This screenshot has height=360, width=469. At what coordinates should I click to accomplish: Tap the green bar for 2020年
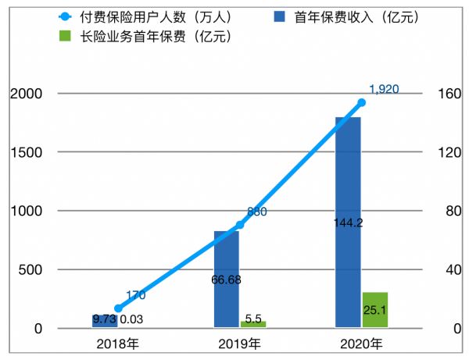[375, 309]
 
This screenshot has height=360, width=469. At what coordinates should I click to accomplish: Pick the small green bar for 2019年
[253, 324]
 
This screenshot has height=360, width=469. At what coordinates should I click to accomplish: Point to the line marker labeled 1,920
[361, 102]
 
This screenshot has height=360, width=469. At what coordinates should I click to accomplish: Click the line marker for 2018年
[118, 308]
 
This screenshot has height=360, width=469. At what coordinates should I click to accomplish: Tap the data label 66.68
[227, 279]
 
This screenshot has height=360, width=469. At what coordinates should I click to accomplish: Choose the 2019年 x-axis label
[240, 344]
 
